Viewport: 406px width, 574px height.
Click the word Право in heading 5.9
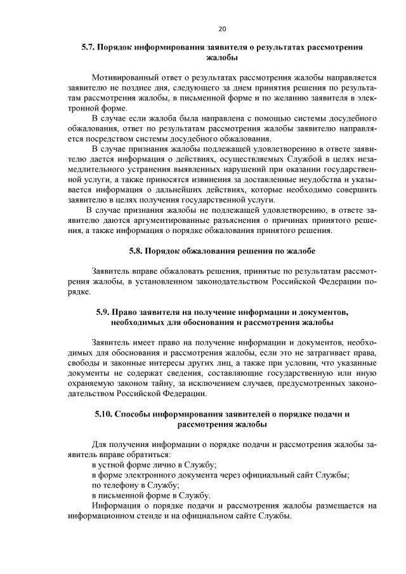128,312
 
